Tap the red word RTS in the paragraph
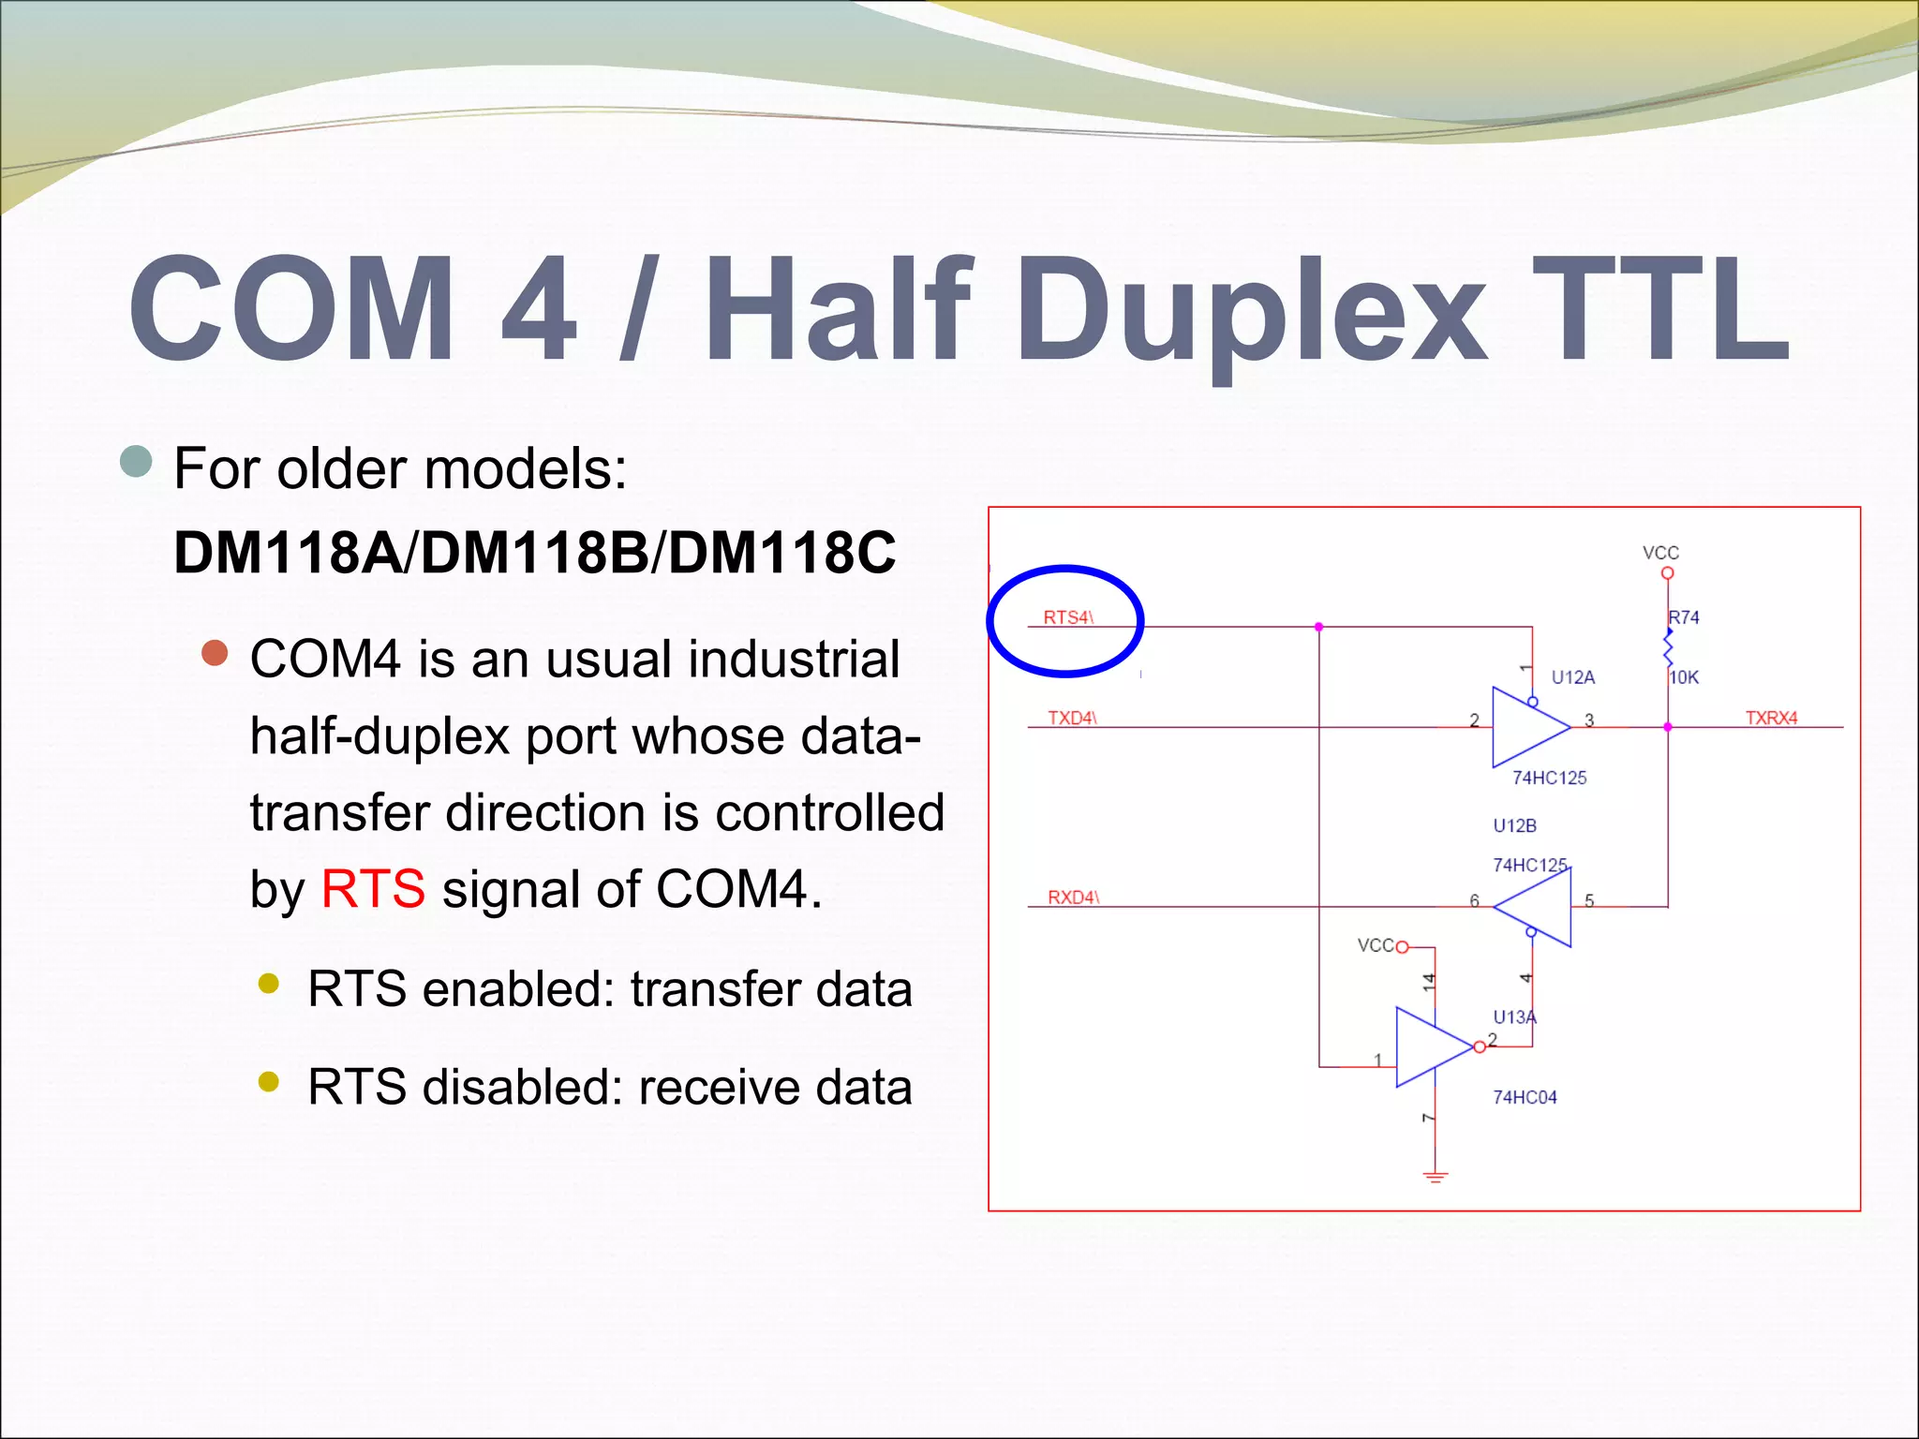pos(373,888)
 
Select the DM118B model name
pos(535,552)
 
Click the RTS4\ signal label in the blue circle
pos(1068,617)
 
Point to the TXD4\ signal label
pos(1072,718)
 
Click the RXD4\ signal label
pos(1073,897)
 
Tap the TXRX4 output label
pos(1771,718)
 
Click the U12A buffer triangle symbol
pos(1525,727)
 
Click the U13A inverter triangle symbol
pos(1430,1046)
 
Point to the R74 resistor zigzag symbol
pos(1668,647)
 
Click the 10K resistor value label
pos(1684,676)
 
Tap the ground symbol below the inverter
pos(1435,1177)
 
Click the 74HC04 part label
pos(1525,1096)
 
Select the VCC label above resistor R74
pos(1660,553)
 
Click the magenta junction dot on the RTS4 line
pos(1318,627)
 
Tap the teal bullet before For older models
pos(137,461)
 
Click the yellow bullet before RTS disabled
pos(269,1082)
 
